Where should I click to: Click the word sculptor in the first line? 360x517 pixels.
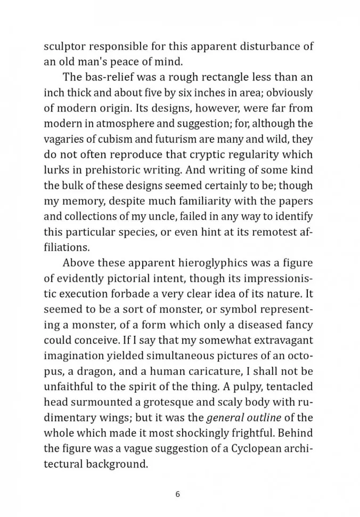pyautogui.click(x=64, y=45)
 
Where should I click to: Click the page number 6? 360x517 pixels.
pyautogui.click(x=178, y=494)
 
